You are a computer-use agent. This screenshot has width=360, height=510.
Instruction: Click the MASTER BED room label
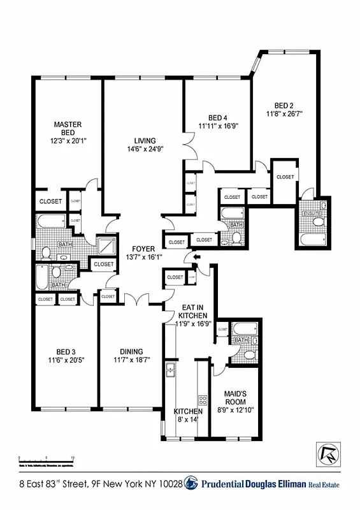pos(67,127)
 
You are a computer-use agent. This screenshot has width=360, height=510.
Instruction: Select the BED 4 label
pos(218,118)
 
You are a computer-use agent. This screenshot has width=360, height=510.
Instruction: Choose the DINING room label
pos(131,352)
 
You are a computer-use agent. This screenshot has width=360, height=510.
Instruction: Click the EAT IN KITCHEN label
pos(191,311)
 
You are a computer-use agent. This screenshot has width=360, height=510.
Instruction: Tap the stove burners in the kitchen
pos(203,400)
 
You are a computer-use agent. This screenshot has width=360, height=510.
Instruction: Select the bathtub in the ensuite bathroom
pos(312,240)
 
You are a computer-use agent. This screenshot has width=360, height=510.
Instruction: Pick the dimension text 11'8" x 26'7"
pos(284,115)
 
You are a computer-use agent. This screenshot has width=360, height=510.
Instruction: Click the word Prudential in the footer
pos(226,486)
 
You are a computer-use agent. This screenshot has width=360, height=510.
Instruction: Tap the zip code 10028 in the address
pos(169,486)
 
